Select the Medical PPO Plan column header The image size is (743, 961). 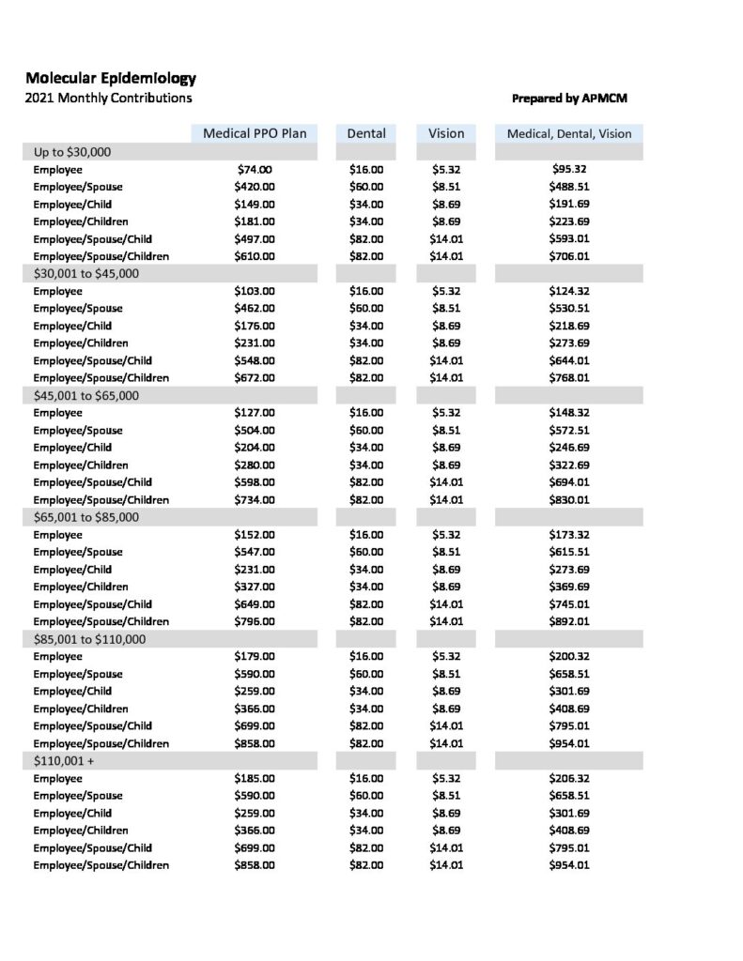(255, 133)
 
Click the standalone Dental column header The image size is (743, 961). (366, 133)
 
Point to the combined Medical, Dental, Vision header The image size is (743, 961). (569, 133)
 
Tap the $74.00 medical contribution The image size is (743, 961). (254, 170)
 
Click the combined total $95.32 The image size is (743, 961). (569, 170)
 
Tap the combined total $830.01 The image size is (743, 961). (569, 499)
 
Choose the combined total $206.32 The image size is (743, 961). (569, 778)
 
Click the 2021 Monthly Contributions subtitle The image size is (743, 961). (109, 98)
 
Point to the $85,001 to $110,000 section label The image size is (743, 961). (89, 638)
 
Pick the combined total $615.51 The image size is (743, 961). (569, 552)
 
